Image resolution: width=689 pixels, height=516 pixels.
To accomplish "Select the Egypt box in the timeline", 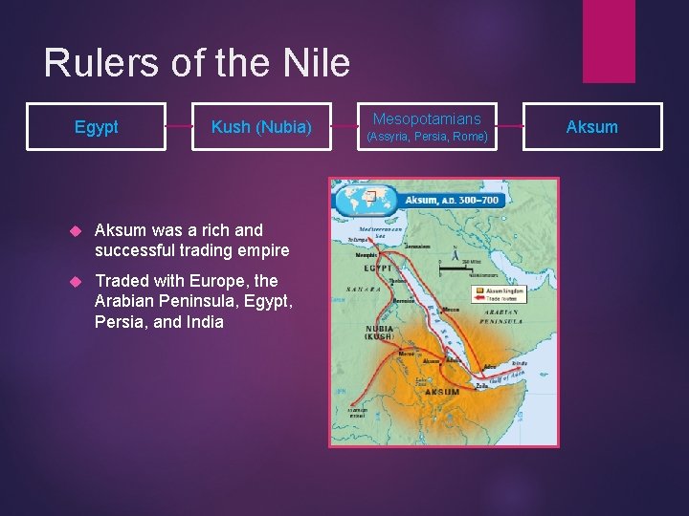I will click(x=97, y=127).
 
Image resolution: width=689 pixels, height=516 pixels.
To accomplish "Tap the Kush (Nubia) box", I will click(x=261, y=127).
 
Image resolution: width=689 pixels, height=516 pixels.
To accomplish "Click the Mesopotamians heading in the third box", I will click(x=427, y=119).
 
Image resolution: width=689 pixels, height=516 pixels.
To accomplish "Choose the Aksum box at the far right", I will click(x=591, y=127).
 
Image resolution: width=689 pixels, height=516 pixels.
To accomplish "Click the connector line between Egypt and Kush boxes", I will click(x=179, y=127).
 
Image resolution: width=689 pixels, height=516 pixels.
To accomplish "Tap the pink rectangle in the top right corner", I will click(x=608, y=41).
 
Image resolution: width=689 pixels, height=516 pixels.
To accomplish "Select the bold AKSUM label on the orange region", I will click(x=441, y=392).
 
